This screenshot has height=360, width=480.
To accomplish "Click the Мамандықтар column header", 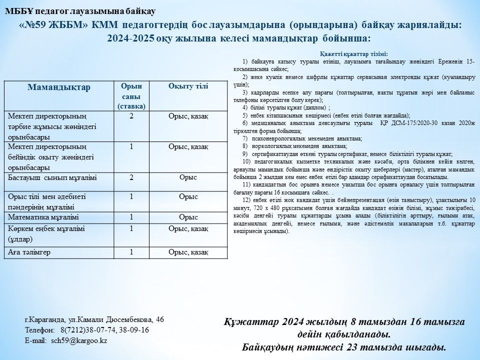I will (x=59, y=87).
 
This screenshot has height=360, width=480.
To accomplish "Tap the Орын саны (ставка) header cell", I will (x=131, y=96).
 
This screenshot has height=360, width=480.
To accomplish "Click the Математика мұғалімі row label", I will (x=43, y=217).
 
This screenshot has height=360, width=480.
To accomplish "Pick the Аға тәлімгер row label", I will (x=29, y=252).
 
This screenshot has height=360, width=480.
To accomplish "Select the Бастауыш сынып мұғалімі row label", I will (x=52, y=177).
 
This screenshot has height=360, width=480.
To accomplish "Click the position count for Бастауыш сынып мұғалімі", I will (x=131, y=177).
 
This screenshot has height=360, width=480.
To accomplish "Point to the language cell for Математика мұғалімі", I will (x=188, y=217).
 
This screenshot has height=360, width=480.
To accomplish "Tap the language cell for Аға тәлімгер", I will (x=188, y=252).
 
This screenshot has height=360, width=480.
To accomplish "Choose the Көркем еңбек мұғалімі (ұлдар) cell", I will (x=46, y=233).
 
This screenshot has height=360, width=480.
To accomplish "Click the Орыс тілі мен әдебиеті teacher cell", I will (x=47, y=201).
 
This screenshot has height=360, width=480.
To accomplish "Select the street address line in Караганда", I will (x=94, y=319).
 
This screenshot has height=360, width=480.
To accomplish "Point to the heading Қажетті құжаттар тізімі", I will (x=353, y=53).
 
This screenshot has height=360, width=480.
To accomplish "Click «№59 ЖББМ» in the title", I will (x=54, y=25).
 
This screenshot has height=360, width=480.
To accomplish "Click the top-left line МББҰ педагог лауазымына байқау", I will (x=80, y=10).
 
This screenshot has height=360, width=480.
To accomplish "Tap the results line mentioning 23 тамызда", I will (x=343, y=347).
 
